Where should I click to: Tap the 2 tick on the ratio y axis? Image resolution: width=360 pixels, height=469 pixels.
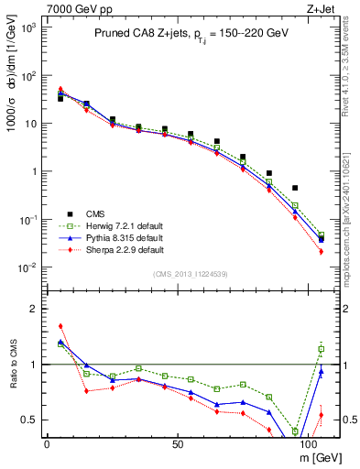34,309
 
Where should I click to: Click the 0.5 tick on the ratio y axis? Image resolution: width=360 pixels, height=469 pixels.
30,420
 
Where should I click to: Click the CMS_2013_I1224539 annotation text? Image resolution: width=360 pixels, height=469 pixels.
190,274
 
